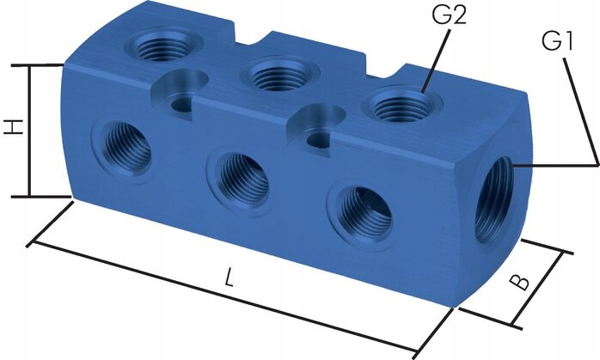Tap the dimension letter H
(13, 129)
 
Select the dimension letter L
(229, 277)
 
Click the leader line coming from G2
(434, 64)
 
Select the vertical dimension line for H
(31, 129)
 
